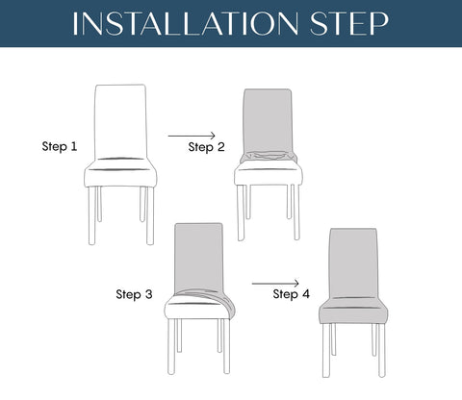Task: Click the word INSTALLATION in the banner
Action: pos(186,23)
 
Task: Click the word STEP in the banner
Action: pos(349,23)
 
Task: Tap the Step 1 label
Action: pos(60,146)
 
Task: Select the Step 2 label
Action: pos(206,147)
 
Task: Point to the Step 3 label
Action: pos(134,294)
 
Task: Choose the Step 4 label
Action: pos(292,294)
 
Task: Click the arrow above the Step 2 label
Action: pos(192,136)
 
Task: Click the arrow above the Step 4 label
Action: pos(275,284)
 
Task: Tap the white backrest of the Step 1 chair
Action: pos(120,122)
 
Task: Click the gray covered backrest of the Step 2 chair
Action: pos(268,120)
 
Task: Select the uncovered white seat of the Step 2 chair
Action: pos(269,174)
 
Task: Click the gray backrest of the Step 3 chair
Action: pos(199,258)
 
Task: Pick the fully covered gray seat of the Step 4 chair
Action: pos(353,311)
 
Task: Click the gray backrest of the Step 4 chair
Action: pos(353,262)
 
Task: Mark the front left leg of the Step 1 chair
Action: pos(92,215)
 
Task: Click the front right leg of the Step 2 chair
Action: pos(296,212)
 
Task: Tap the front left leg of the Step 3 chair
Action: pos(171,347)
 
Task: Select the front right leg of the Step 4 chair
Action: pos(381,351)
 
